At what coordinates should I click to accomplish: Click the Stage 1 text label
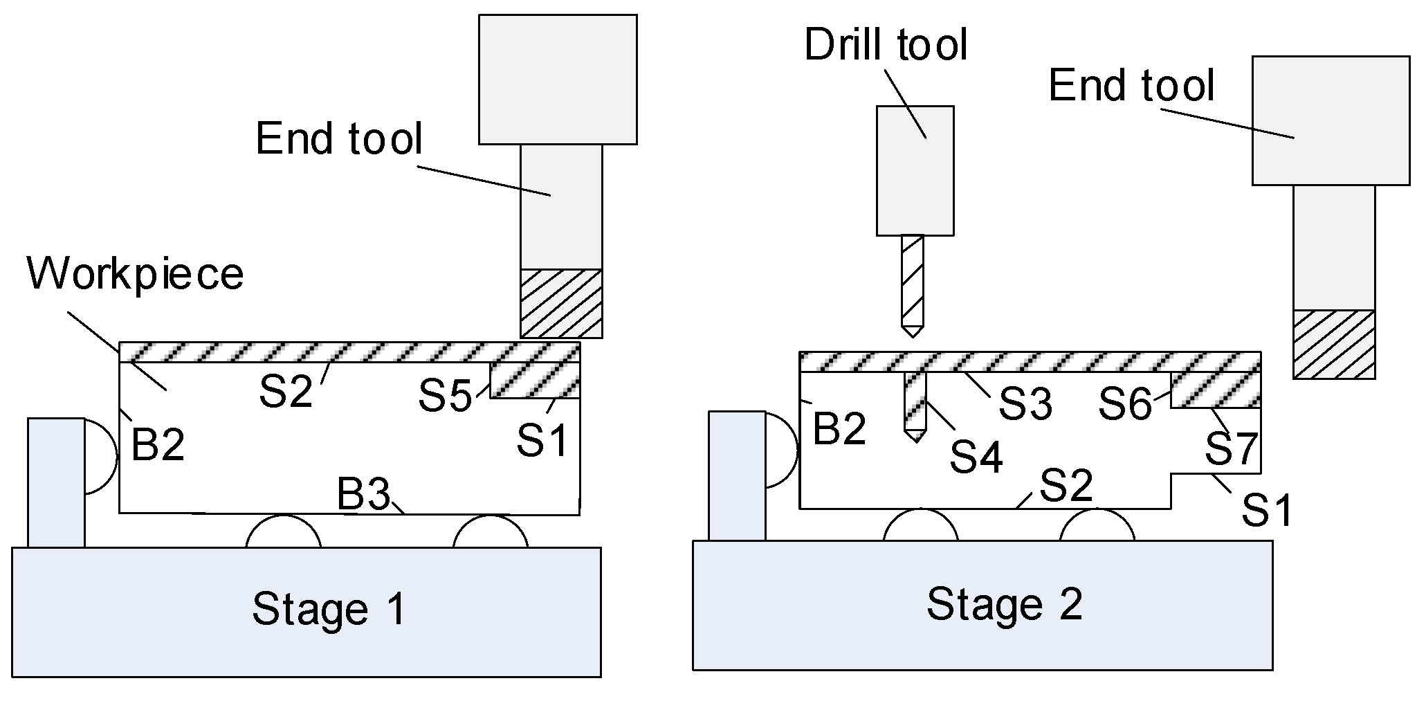(x=329, y=609)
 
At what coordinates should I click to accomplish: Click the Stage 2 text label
(x=1004, y=603)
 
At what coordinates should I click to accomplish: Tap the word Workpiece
(x=135, y=274)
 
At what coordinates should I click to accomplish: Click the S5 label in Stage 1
(x=445, y=397)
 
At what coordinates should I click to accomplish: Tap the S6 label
(x=1125, y=404)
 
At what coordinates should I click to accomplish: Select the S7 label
(x=1230, y=448)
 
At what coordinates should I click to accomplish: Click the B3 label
(x=363, y=494)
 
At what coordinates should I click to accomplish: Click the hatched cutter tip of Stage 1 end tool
(x=561, y=303)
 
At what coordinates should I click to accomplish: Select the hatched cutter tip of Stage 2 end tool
(x=1333, y=344)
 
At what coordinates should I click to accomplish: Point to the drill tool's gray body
(x=915, y=170)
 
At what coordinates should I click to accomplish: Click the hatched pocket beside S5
(x=534, y=380)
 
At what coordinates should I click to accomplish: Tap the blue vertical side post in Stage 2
(x=737, y=475)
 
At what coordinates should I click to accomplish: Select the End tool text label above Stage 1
(x=338, y=138)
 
